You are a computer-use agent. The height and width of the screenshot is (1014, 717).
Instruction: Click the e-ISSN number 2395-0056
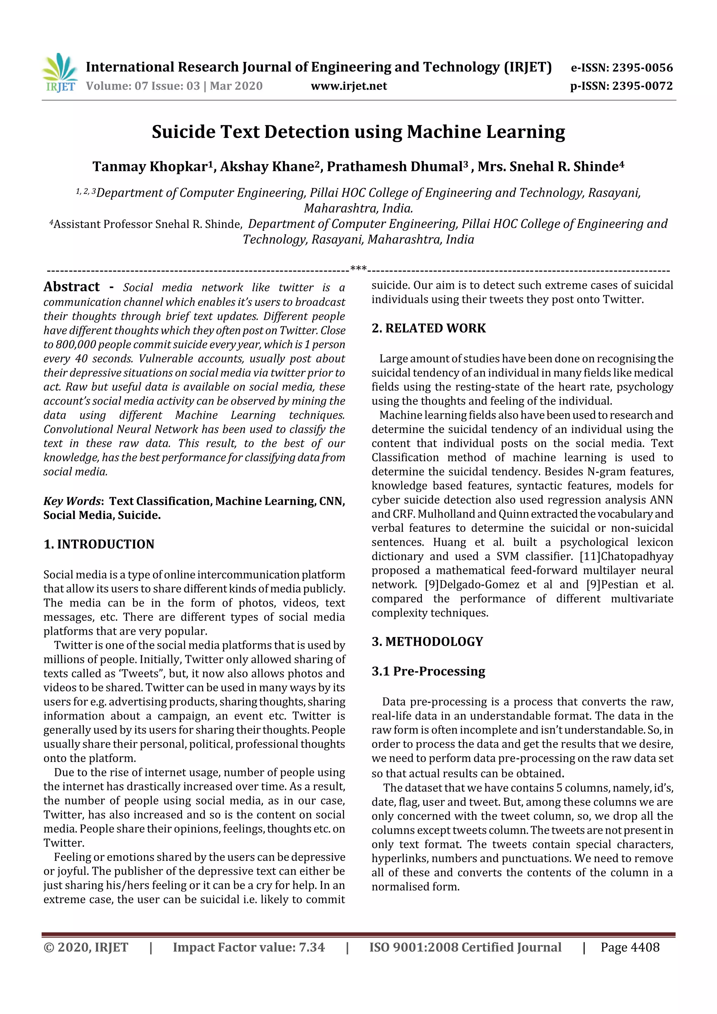coord(642,68)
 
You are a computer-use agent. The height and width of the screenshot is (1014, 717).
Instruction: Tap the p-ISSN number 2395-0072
coord(642,86)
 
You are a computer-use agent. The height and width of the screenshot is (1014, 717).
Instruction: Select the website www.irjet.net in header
coord(349,86)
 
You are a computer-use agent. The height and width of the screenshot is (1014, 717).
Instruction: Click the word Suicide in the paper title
coord(183,132)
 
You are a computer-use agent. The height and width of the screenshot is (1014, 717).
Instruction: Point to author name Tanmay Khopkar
coord(149,167)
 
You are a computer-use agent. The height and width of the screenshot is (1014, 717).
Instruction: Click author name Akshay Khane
coord(267,167)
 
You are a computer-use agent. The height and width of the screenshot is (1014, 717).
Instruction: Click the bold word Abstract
coord(71,287)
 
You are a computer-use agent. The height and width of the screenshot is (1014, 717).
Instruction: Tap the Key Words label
coord(72,501)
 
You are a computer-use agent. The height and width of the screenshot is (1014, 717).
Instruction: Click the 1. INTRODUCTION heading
coord(99,544)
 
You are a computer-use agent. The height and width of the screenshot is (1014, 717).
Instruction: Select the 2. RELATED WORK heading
coord(429,328)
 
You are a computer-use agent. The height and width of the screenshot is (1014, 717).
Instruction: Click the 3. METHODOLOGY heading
coord(427,641)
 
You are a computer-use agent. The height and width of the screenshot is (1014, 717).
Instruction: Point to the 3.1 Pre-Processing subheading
coord(428,671)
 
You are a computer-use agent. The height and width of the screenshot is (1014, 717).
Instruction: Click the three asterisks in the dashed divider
coord(358,268)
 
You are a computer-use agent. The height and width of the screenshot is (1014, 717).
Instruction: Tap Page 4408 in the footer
coord(629,947)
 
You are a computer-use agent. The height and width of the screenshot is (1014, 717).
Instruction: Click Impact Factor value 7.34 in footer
coord(248,947)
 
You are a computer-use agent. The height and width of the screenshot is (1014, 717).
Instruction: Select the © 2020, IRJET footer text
coord(86,947)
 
